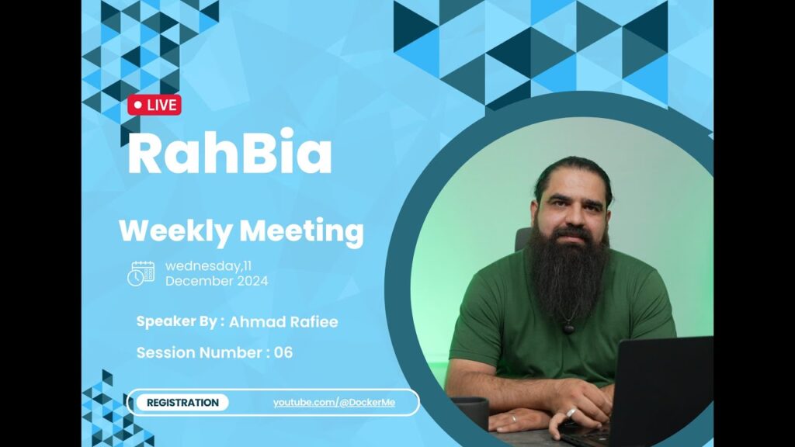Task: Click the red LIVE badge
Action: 154,105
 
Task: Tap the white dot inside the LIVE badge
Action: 138,106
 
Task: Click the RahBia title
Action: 230,152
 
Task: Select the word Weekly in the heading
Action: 175,231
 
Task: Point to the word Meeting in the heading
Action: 302,232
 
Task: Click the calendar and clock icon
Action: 141,274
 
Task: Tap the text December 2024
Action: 217,281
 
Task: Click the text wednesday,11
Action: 208,266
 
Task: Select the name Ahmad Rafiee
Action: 283,322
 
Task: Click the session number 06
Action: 283,353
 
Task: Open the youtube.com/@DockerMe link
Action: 334,403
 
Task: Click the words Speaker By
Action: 177,322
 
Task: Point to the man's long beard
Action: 568,274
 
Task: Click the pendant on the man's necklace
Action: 569,328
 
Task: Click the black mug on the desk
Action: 471,411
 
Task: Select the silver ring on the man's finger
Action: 571,413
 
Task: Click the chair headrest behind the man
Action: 522,239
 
